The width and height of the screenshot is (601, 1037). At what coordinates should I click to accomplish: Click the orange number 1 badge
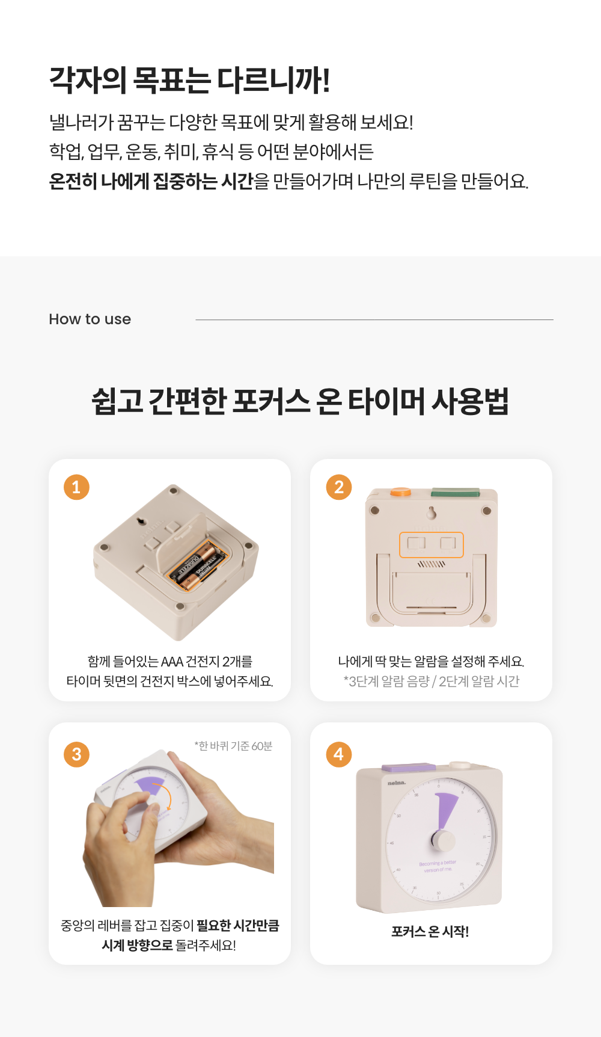point(76,487)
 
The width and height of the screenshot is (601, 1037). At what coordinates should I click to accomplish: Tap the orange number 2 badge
point(339,487)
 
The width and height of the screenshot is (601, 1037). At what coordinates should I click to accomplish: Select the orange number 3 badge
point(76,754)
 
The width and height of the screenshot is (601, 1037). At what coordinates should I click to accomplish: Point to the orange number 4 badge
point(339,754)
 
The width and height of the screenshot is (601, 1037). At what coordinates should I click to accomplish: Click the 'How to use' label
point(90,319)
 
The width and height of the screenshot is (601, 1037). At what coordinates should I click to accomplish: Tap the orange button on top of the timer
point(400,493)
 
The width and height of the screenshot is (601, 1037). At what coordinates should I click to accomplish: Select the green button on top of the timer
point(455,493)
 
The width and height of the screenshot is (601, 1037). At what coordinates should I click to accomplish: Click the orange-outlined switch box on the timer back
point(432,544)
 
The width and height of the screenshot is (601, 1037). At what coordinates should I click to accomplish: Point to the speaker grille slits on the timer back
point(432,564)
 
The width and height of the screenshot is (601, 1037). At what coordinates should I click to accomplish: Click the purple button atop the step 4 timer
point(409,768)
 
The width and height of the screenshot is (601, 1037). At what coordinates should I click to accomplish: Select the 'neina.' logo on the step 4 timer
point(397,783)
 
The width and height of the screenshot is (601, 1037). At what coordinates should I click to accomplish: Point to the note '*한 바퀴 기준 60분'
point(233,746)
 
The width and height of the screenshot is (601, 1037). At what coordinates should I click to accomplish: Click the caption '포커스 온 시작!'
point(430,931)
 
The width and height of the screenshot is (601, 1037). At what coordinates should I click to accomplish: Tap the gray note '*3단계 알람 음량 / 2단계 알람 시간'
point(432,681)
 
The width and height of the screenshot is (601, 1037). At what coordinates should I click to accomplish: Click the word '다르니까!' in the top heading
point(273,80)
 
